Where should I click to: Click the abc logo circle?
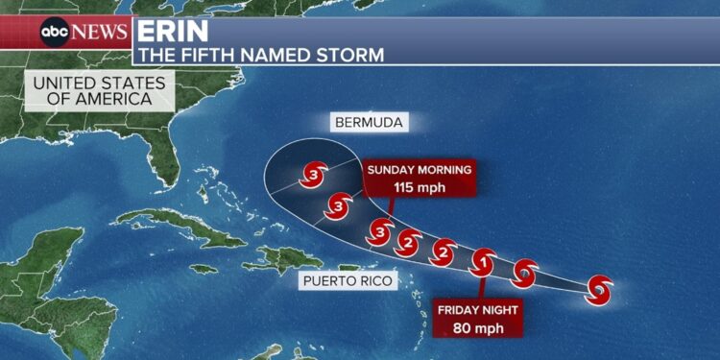tap(54, 31)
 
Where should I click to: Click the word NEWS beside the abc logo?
tap(99, 31)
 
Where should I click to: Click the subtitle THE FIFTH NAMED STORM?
tap(260, 54)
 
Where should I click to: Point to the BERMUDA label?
tap(369, 123)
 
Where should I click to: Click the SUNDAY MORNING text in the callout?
tap(420, 170)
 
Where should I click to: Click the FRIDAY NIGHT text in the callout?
tap(478, 309)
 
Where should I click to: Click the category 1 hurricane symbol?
tap(484, 260)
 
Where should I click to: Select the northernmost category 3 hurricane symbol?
tap(314, 175)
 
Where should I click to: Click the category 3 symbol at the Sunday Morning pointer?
tap(381, 231)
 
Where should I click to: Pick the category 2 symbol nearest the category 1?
tap(443, 252)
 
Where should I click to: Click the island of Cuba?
tap(182, 226)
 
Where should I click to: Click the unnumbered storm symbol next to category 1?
tap(524, 273)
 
